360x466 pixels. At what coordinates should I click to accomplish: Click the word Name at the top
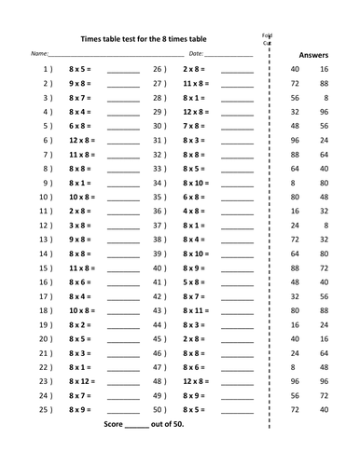[40, 55]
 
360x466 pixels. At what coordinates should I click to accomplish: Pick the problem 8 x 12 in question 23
[83, 381]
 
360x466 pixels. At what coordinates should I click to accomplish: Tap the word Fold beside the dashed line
[266, 33]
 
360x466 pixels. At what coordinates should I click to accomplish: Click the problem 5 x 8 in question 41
[193, 281]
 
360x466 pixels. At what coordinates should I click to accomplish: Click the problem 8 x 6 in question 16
[81, 281]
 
